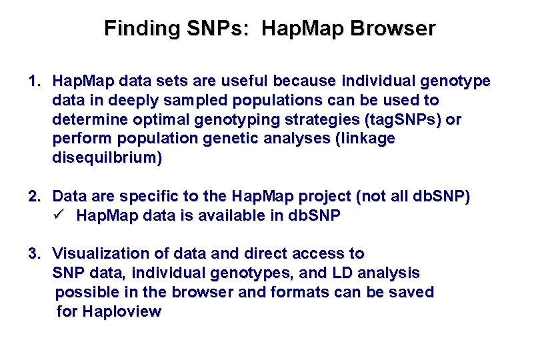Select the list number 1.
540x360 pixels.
pyautogui.click(x=34, y=81)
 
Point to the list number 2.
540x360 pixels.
pyautogui.click(x=34, y=197)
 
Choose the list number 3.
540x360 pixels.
pyautogui.click(x=34, y=254)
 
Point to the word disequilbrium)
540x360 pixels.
pyautogui.click(x=107, y=159)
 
